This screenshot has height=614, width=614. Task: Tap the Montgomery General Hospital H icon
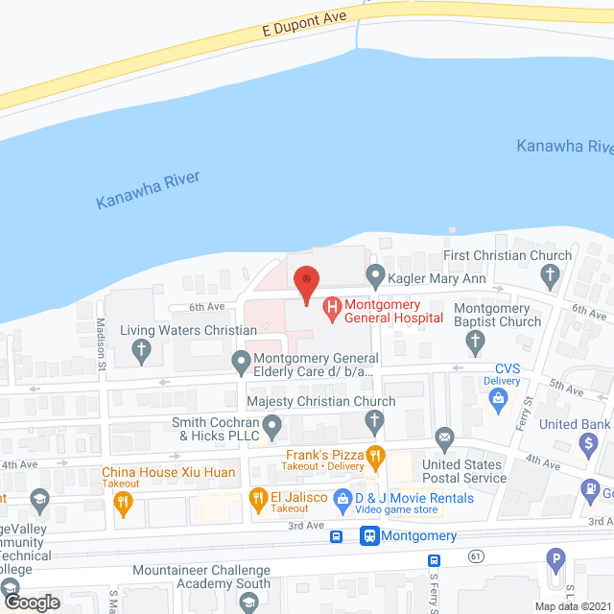pos(332,309)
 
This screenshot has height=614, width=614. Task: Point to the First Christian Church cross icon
pos(550,277)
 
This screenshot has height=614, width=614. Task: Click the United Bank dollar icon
pos(587,442)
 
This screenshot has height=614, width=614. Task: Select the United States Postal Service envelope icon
pos(444,439)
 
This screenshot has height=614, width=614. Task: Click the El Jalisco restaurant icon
pos(257,498)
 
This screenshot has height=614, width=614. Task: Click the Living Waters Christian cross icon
pos(140,350)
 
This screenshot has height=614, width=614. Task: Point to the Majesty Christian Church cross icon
pos(375,419)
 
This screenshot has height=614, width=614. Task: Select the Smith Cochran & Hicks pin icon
pos(272,423)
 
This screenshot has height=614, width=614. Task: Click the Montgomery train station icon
pos(369,536)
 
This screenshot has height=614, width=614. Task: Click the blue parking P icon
pos(554,558)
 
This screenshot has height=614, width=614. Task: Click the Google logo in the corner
pos(31,602)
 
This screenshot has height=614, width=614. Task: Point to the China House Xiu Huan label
pos(169,472)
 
